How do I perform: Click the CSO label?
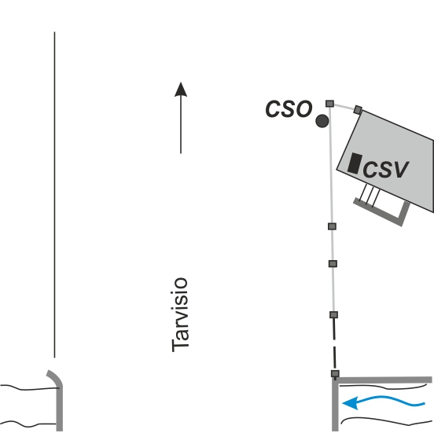tap(289, 108)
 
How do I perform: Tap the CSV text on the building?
tap(385, 169)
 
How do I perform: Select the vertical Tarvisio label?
tap(180, 314)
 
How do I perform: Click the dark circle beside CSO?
tap(322, 121)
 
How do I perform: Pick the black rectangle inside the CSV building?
tap(355, 163)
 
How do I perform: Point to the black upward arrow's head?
tap(181, 90)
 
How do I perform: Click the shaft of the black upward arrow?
tap(181, 125)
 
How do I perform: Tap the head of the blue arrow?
tap(351, 403)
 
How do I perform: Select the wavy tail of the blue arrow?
tap(391, 401)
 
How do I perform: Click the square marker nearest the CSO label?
tap(329, 104)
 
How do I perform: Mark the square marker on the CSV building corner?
tap(358, 109)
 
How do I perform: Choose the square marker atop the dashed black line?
tap(334, 314)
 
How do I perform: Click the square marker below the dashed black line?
tap(335, 374)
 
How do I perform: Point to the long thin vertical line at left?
tap(54, 195)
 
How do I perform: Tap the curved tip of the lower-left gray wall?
tap(49, 372)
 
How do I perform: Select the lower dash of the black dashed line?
tap(335, 358)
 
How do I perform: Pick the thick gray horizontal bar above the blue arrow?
tap(384, 380)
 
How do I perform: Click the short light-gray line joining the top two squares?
tap(344, 107)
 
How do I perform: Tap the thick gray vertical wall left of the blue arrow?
tap(335, 404)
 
